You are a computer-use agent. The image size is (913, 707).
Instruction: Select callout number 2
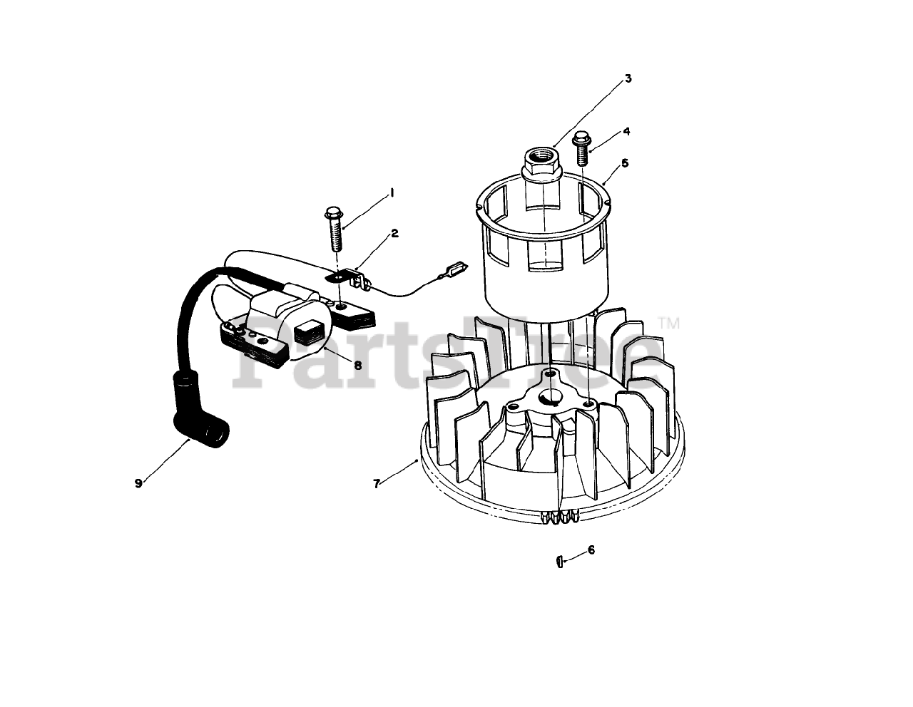[x=394, y=233]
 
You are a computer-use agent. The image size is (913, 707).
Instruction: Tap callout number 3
[x=628, y=78]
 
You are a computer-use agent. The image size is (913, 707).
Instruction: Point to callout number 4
[x=626, y=131]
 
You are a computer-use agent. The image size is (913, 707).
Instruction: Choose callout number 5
[x=625, y=163]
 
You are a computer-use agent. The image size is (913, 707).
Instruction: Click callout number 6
[x=591, y=550]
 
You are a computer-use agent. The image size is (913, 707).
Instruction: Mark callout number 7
[x=377, y=483]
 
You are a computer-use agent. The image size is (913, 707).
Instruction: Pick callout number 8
[x=357, y=364]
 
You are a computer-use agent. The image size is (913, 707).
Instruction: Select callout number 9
[x=138, y=482]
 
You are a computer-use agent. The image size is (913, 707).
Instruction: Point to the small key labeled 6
[x=559, y=562]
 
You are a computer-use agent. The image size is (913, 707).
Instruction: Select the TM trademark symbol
[x=669, y=324]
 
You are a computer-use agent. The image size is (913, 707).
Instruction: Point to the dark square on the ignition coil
[x=307, y=330]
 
